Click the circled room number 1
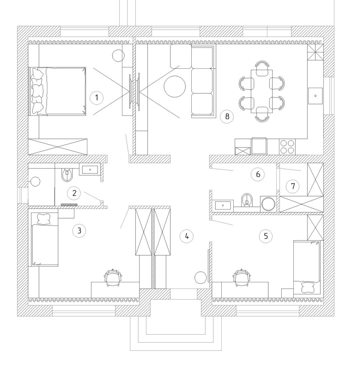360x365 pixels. [97, 97]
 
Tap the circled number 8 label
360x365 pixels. [227, 116]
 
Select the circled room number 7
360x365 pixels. [293, 186]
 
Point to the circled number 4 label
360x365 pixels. [187, 236]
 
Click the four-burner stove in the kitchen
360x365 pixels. [287, 147]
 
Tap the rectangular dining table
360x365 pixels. [262, 91]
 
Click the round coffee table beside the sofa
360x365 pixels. [175, 87]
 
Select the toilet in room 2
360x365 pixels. [67, 175]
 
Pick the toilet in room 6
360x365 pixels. [247, 200]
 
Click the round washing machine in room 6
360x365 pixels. [268, 204]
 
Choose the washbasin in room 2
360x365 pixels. [90, 169]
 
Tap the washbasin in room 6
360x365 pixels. [223, 205]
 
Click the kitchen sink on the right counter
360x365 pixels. [315, 96]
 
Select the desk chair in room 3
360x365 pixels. [113, 278]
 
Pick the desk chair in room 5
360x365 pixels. [242, 278]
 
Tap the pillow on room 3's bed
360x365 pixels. [44, 219]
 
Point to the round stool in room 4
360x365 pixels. [200, 278]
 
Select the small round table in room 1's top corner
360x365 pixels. [118, 56]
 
